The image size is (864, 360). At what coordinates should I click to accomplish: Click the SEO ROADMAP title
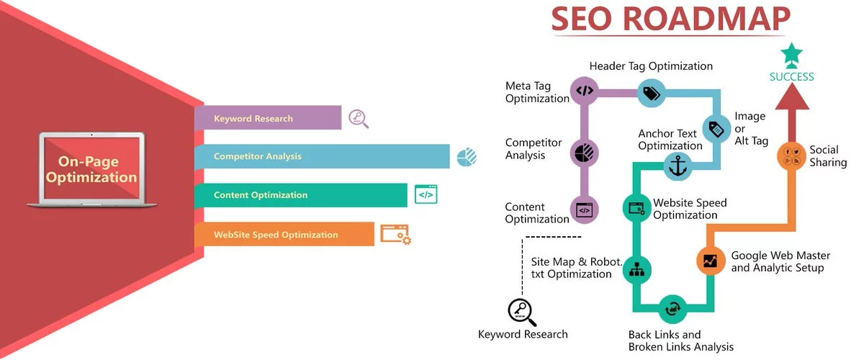click(671, 19)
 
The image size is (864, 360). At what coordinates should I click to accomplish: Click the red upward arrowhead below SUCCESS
click(792, 96)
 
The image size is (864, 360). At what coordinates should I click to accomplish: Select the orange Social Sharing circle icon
click(791, 156)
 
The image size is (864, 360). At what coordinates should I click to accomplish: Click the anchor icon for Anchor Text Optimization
click(678, 166)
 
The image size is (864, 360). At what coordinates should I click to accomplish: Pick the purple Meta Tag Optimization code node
click(585, 91)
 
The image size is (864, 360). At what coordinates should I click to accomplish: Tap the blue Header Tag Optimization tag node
click(651, 93)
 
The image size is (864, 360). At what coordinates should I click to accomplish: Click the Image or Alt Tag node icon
click(716, 128)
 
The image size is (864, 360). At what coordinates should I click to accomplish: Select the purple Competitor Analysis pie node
click(585, 153)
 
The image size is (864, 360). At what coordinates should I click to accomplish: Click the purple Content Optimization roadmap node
click(585, 210)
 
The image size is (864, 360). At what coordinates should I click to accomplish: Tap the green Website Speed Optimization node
click(636, 208)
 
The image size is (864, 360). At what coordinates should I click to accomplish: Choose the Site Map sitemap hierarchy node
click(636, 270)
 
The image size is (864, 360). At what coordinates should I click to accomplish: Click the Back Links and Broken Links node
click(672, 309)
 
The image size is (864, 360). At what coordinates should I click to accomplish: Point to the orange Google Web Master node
click(711, 261)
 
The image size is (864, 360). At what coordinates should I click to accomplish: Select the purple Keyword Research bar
click(268, 117)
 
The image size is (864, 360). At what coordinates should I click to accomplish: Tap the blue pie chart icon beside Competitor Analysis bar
click(467, 157)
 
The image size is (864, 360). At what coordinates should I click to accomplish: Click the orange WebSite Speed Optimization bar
click(284, 234)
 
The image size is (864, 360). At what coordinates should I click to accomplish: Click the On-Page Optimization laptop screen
click(91, 168)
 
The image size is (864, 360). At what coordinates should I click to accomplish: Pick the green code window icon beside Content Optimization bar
click(426, 194)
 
